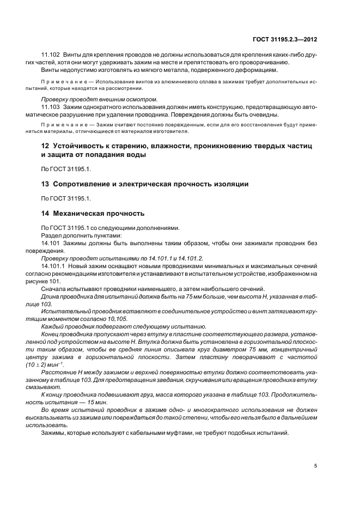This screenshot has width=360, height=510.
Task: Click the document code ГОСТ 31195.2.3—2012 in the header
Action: (286, 39)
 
